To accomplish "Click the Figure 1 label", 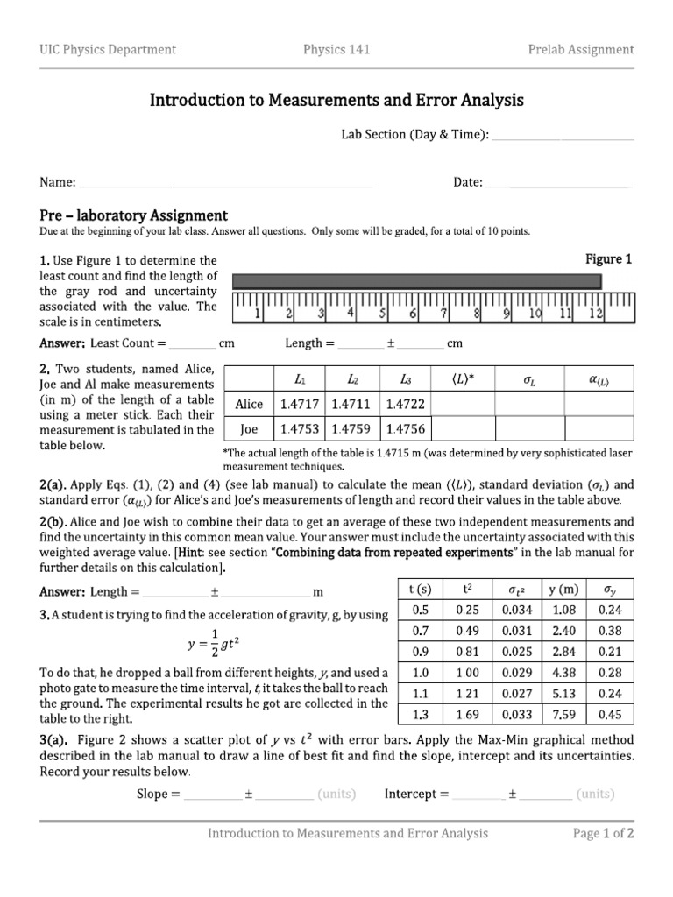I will click(x=608, y=259).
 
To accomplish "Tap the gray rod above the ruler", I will click(x=417, y=281).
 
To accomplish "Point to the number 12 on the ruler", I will click(x=596, y=312).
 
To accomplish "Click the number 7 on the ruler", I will click(x=444, y=312).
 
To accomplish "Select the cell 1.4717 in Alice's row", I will click(x=300, y=404).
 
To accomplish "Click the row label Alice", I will click(x=250, y=404).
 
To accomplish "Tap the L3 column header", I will click(x=405, y=378).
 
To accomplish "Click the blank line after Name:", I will click(x=226, y=183).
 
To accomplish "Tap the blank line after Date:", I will click(x=558, y=183).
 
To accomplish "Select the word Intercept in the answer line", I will click(x=412, y=795).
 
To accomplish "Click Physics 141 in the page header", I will click(x=336, y=49).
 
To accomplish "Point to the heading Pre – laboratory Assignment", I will click(x=134, y=215).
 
